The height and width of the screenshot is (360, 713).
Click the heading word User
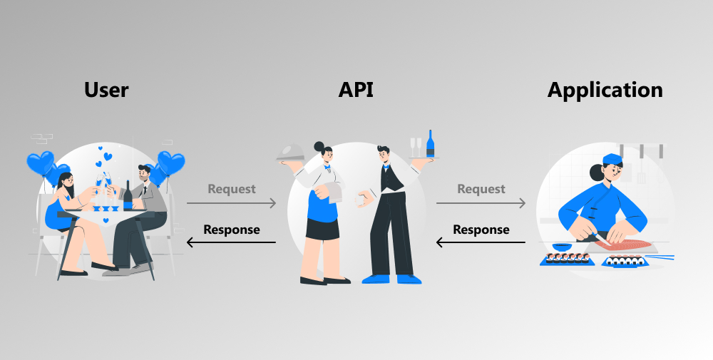click(106, 91)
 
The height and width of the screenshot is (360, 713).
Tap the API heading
click(355, 91)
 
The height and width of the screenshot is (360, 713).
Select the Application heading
click(605, 91)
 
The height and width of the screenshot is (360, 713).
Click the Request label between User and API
click(232, 189)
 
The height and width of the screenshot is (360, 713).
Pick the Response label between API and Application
click(481, 230)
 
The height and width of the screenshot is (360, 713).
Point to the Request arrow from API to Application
click(481, 203)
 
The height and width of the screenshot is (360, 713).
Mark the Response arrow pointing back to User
click(232, 242)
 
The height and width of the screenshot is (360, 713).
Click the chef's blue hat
click(612, 158)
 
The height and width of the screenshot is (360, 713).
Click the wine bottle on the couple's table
click(128, 195)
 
